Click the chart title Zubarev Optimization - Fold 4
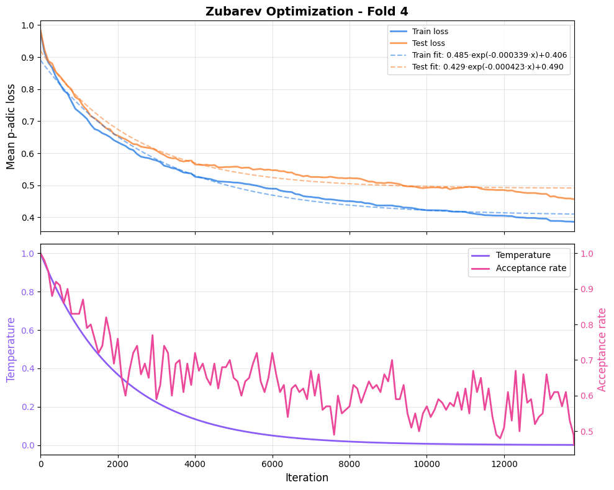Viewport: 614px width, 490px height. pos(307,11)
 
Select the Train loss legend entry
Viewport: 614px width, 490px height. pos(430,32)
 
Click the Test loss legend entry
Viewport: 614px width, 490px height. pos(428,43)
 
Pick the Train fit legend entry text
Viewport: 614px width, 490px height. pos(489,55)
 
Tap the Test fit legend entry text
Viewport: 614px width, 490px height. pos(487,67)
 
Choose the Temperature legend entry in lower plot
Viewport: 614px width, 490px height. pos(523,255)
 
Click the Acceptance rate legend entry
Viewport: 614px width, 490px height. pos(531,268)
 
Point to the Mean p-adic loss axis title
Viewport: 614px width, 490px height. pos(11,127)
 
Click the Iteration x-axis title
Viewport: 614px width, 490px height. pos(307,478)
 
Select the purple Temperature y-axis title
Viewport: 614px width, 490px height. pos(11,349)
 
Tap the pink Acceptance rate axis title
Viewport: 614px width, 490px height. pos(602,349)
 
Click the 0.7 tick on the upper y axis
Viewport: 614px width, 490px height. pos(27,121)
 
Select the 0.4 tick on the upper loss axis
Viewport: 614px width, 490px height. pos(27,217)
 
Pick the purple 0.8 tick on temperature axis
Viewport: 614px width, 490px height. pos(27,292)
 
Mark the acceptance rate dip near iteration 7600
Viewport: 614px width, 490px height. pos(334,434)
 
